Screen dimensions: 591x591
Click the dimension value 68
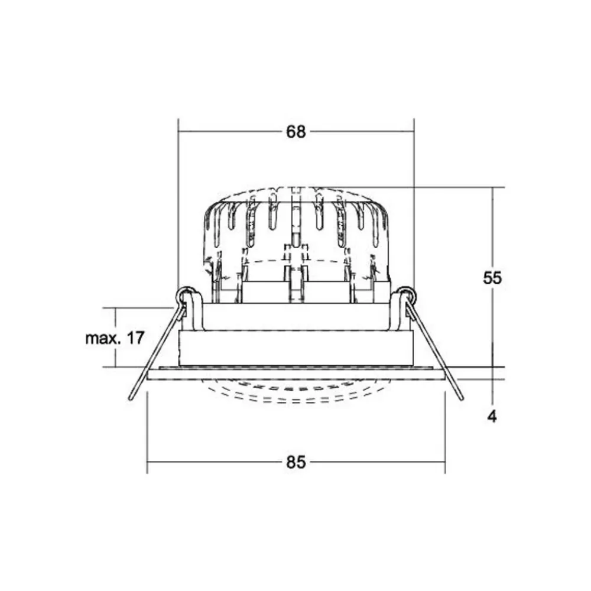coord(296,132)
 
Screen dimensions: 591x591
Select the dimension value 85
coord(296,462)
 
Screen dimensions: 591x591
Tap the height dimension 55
coord(492,278)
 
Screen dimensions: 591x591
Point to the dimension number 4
coord(492,417)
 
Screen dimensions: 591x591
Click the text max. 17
coord(115,339)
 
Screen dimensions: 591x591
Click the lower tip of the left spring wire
coord(131,399)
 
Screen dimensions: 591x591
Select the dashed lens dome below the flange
coord(295,395)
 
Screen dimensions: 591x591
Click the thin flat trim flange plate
coord(295,374)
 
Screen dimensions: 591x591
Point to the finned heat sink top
coord(295,219)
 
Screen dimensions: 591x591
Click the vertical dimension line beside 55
coord(492,236)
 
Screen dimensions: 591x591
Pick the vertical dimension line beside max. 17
coord(115,355)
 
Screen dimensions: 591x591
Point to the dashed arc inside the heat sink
coord(295,261)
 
